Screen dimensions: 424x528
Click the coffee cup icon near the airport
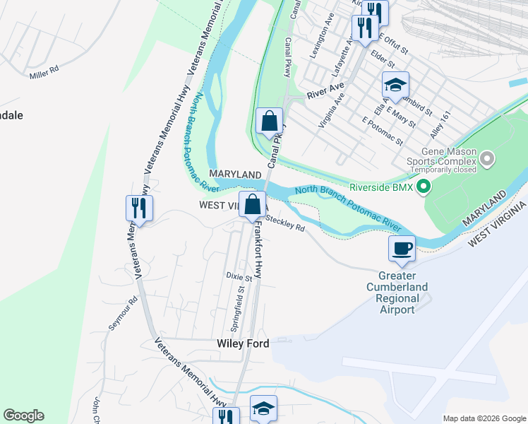(x=402, y=248)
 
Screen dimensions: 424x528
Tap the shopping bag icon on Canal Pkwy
(x=269, y=121)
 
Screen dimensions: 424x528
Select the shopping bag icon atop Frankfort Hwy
(x=252, y=205)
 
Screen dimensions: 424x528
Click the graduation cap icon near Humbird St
(x=395, y=86)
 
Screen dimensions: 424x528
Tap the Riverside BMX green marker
(x=424, y=188)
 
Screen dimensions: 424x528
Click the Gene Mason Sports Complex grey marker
(x=487, y=160)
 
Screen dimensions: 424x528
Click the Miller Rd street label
(x=44, y=73)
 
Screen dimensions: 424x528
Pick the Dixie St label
(x=239, y=276)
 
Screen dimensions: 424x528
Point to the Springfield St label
(x=238, y=308)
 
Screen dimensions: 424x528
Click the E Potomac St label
(x=382, y=131)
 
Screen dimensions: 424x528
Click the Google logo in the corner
(x=23, y=416)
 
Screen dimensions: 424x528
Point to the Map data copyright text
(x=484, y=418)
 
